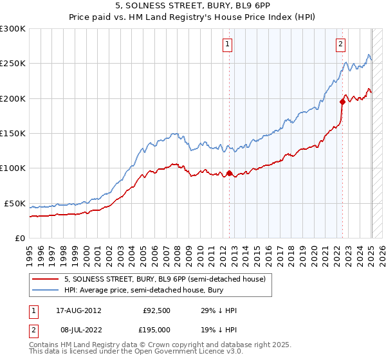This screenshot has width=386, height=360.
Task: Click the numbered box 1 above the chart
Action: pos(228,44)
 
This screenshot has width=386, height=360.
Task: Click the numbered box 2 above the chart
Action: pos(340,44)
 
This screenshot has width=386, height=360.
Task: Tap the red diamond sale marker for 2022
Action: pos(342,102)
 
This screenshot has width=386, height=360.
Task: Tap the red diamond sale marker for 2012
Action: pos(230,173)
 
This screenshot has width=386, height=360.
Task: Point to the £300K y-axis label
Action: pos(12,29)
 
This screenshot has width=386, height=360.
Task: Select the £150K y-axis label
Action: pos(12,133)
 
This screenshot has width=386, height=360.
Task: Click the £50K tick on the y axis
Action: pos(15,203)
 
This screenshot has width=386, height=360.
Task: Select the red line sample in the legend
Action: pos(46,278)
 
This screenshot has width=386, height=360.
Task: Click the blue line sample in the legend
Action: pos(46,290)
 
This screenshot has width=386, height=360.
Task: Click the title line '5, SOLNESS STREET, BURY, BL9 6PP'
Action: pos(192,6)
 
